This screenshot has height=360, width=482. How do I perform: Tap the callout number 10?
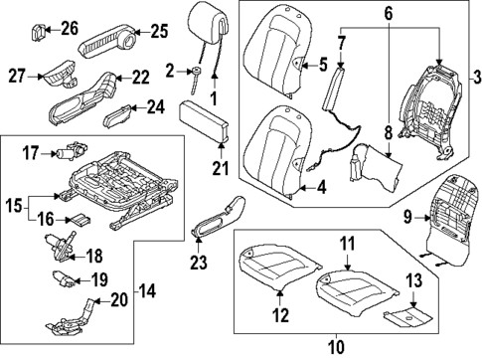(338, 347)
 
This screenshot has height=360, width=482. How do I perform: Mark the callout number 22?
(141, 77)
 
